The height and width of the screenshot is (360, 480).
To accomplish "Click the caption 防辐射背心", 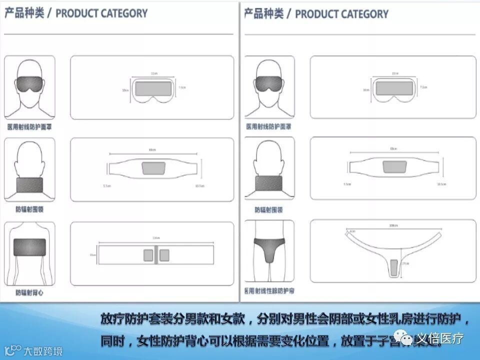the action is (x=29, y=292).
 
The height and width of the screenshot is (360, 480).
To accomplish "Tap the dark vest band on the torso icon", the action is (x=29, y=247).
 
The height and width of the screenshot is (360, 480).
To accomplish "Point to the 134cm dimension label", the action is (x=155, y=237).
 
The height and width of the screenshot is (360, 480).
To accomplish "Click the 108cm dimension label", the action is (x=393, y=226).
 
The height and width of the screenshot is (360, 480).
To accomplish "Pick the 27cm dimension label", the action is (x=406, y=264).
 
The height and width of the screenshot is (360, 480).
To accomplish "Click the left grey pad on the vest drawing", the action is (x=148, y=255).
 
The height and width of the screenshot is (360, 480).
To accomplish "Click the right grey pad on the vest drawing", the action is (x=163, y=255).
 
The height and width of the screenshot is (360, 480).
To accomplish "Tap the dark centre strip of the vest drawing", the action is (x=156, y=254).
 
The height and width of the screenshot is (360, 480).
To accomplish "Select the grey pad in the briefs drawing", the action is (x=393, y=267).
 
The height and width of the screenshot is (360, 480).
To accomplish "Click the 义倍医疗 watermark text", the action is (x=440, y=338).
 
